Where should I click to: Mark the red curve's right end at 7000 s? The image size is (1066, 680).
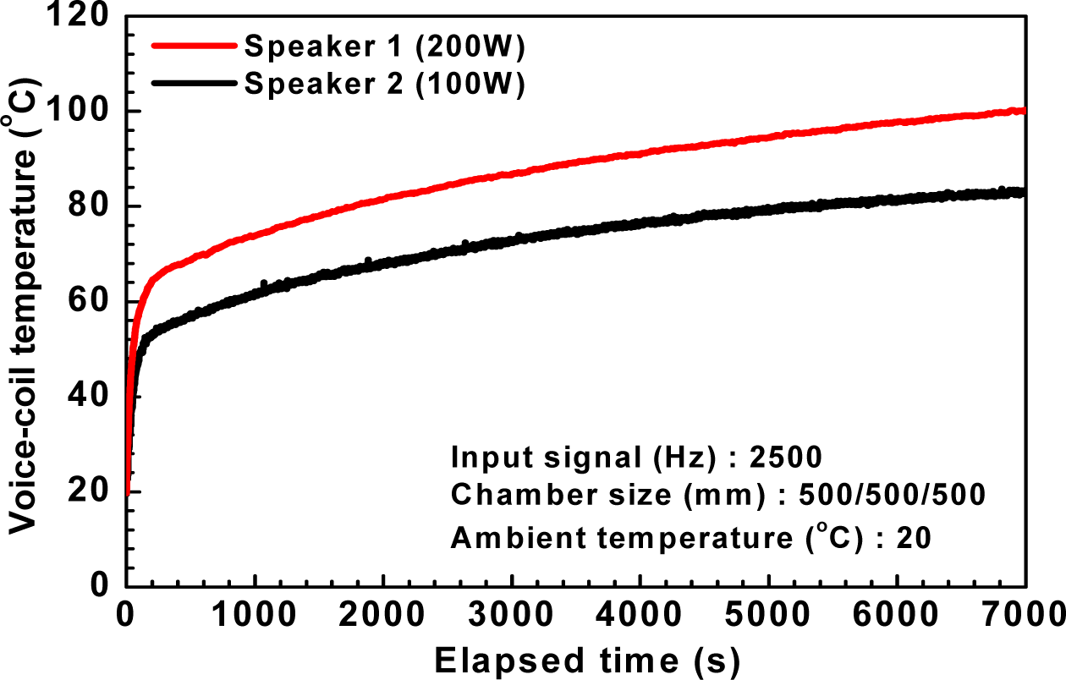coord(1024,111)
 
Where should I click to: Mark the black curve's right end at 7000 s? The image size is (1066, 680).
coord(1023,193)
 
